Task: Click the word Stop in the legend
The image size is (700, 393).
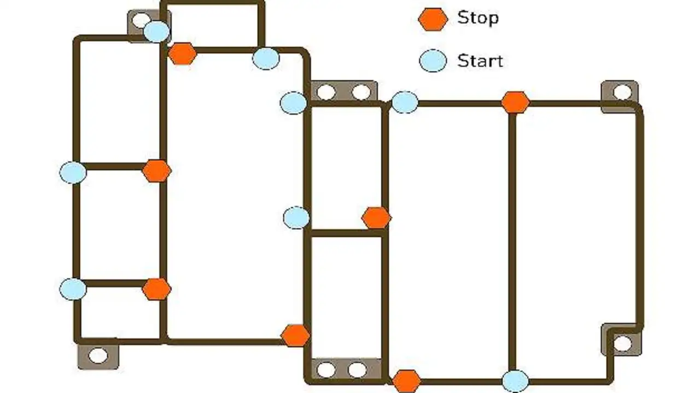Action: [x=477, y=18]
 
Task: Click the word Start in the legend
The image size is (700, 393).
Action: [x=480, y=60]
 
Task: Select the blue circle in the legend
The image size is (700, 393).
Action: [x=433, y=60]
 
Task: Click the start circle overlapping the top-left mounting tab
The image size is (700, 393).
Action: [x=157, y=32]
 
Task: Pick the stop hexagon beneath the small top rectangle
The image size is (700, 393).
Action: [x=182, y=54]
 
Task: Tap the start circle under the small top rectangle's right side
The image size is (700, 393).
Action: [x=266, y=58]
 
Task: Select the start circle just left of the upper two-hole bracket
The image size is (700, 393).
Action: [x=294, y=103]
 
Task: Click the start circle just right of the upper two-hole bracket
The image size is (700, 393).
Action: [x=405, y=102]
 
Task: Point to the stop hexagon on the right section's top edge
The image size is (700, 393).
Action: [x=515, y=102]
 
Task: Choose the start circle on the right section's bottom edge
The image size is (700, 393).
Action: [x=515, y=381]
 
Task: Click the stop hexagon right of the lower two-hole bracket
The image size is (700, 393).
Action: [x=406, y=381]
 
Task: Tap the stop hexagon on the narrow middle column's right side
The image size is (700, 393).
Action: [x=376, y=218]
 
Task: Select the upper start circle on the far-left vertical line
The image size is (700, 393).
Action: [x=73, y=173]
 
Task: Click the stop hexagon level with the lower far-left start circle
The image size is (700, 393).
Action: [x=156, y=289]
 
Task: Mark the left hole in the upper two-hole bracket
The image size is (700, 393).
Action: [x=326, y=92]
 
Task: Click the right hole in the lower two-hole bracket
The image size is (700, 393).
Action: [x=357, y=370]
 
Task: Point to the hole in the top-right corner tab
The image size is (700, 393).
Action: [x=622, y=92]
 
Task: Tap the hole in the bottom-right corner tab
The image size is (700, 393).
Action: [x=622, y=344]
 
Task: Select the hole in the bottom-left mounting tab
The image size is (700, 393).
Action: [x=98, y=356]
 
